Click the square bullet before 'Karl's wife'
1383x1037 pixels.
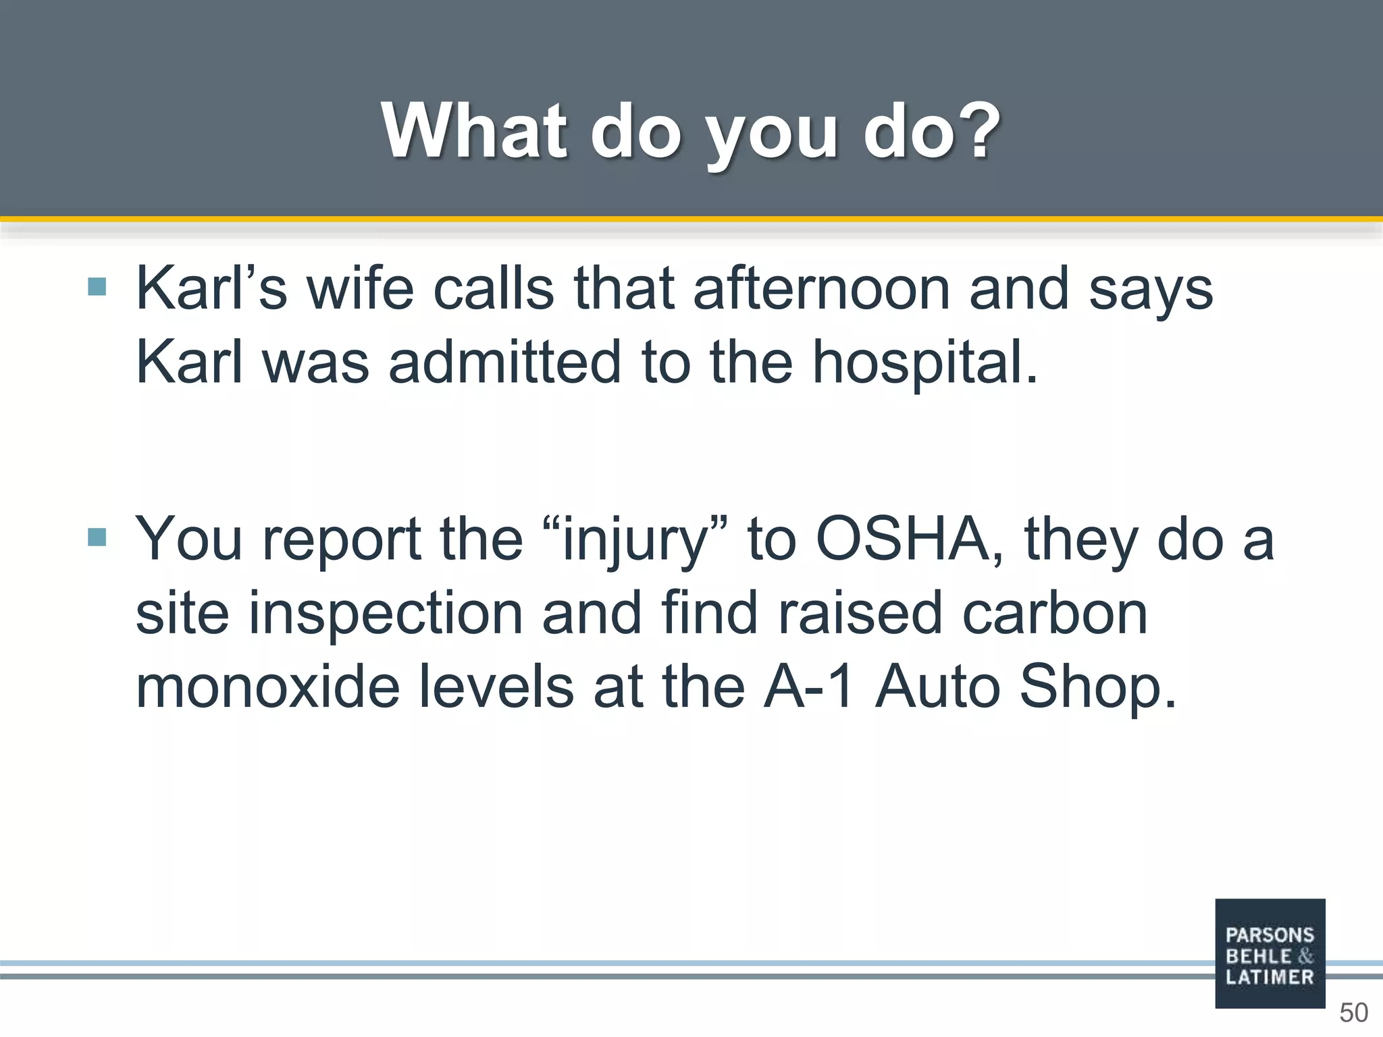click(x=97, y=287)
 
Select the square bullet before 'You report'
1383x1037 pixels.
click(x=97, y=537)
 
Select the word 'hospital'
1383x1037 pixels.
click(x=924, y=363)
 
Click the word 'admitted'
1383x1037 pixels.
click(x=504, y=363)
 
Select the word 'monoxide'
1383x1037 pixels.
click(x=268, y=687)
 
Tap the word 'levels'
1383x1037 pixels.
click(x=496, y=687)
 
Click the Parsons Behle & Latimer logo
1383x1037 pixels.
click(x=1270, y=953)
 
